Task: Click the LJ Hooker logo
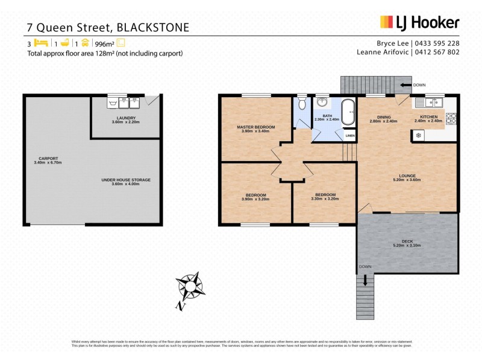click(419, 22)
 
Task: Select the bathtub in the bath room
click(348, 112)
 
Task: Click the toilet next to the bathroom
click(302, 102)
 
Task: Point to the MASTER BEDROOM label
click(255, 127)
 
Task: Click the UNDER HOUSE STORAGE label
click(126, 180)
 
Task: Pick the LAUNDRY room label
click(126, 118)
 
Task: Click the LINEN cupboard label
click(349, 136)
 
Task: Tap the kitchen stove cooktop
click(450, 116)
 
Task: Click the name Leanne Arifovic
click(384, 52)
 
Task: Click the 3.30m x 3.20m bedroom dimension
click(325, 198)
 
